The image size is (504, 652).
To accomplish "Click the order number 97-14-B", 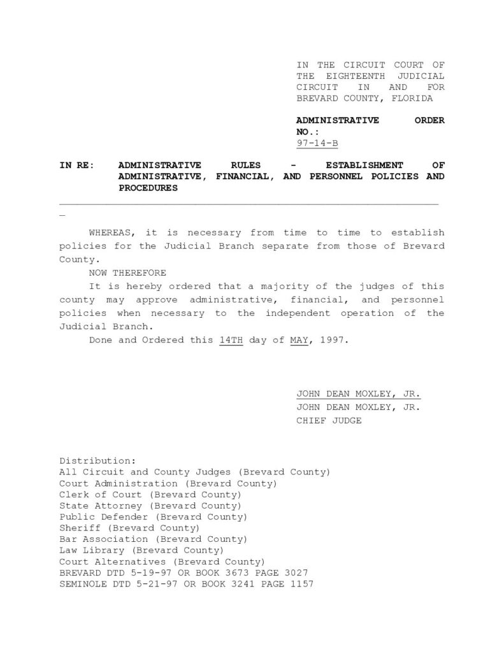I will pyautogui.click(x=317, y=142).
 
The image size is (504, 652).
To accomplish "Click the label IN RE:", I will pyautogui.click(x=76, y=165).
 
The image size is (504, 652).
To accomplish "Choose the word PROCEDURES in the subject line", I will pyautogui.click(x=148, y=188).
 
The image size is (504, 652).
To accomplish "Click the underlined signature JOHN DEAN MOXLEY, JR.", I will pyautogui.click(x=358, y=393).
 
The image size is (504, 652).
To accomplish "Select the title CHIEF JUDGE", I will pyautogui.click(x=329, y=420).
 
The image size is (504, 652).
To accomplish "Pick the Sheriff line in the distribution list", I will pyautogui.click(x=129, y=528).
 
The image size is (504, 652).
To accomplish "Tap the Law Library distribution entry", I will pyautogui.click(x=141, y=550).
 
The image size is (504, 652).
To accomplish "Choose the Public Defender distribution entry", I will pyautogui.click(x=153, y=516).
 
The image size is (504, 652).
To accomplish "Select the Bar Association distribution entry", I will pyautogui.click(x=153, y=539).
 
